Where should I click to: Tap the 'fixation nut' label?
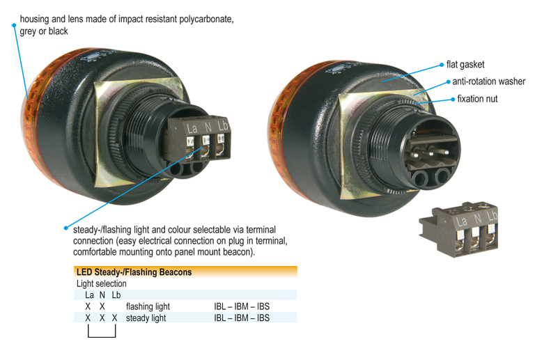pos(477,99)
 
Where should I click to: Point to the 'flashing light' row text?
pos(148,306)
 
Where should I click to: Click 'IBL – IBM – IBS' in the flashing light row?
pos(242,306)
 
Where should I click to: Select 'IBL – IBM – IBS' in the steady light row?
pos(242,318)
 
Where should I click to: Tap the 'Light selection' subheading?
pos(102,283)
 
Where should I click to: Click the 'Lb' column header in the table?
pos(116,295)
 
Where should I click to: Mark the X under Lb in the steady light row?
pos(115,318)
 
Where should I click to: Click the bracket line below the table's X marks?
pos(102,337)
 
